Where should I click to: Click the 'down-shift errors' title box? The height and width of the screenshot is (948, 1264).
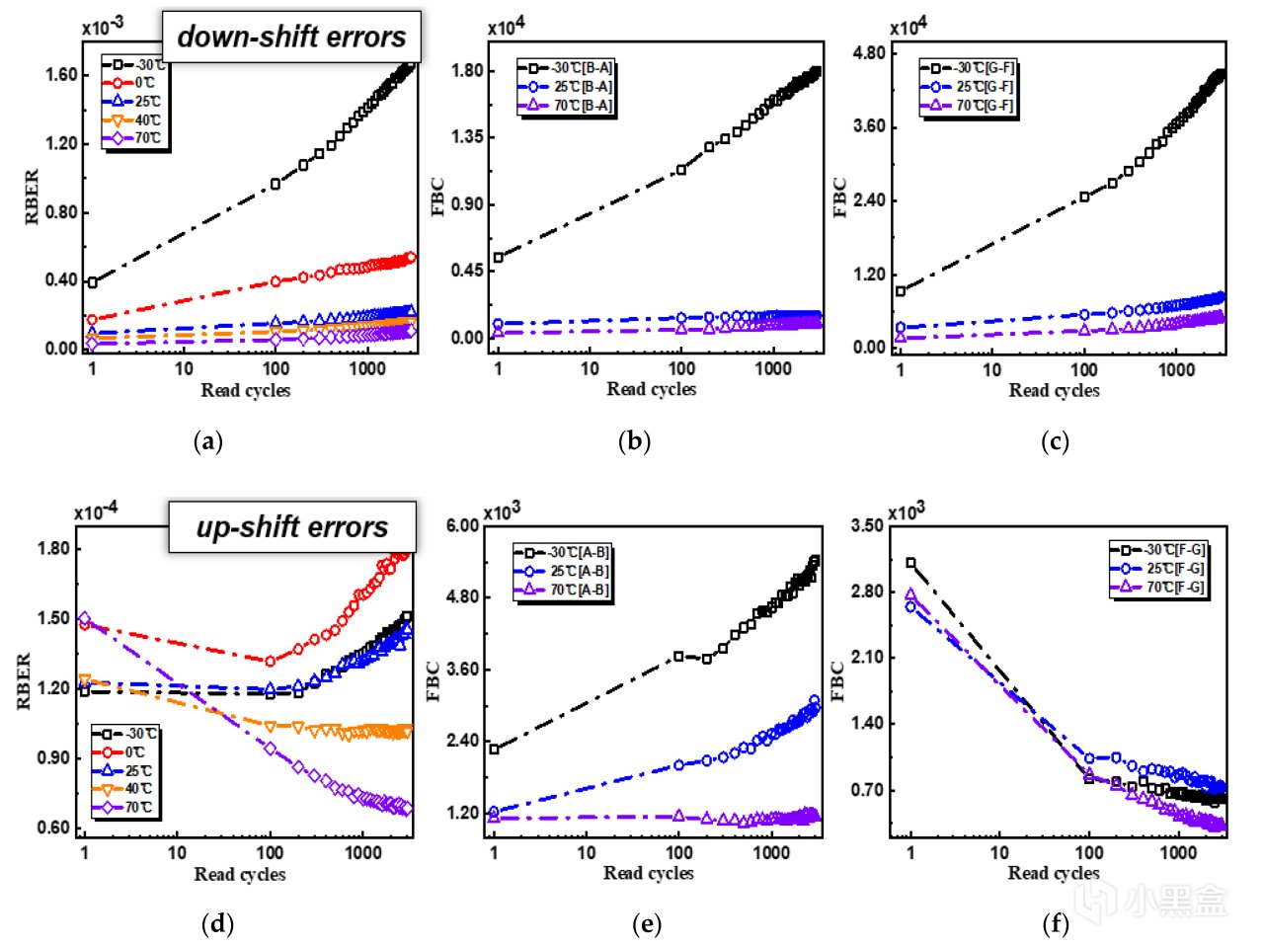pos(291,38)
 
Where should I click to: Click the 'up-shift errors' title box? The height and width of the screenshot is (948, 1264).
pos(292,527)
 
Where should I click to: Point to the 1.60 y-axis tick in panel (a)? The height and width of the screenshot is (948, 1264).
pos(60,75)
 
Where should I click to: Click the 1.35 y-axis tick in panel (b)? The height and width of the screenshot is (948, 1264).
pos(467,137)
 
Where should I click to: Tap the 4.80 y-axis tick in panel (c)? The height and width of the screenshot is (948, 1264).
pos(869,52)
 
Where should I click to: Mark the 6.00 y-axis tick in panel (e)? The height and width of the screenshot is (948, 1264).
pos(462,525)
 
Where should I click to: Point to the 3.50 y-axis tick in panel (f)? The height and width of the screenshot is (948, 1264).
pos(867,525)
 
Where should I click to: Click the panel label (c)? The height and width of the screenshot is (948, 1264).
pos(1055,441)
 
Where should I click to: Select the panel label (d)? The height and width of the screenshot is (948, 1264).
pos(216,924)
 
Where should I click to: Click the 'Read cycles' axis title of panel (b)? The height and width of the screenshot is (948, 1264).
pos(651,389)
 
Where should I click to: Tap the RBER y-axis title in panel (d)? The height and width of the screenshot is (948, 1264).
pos(25,681)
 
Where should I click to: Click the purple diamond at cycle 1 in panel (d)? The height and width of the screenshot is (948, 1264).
pos(84,619)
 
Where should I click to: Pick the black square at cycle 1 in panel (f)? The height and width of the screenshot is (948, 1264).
pos(910,563)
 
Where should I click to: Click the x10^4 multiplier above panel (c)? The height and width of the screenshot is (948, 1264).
pos(908,27)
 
